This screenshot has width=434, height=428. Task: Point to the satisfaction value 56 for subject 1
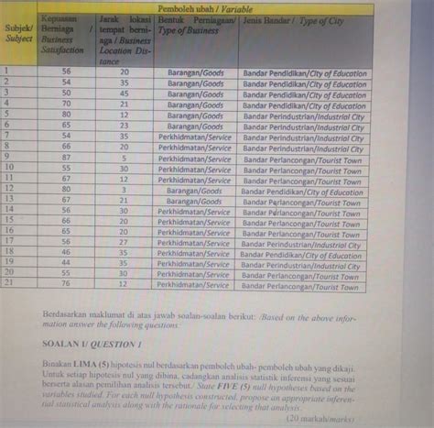tap(67, 71)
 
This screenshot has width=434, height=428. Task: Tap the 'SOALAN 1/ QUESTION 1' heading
tap(92, 344)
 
